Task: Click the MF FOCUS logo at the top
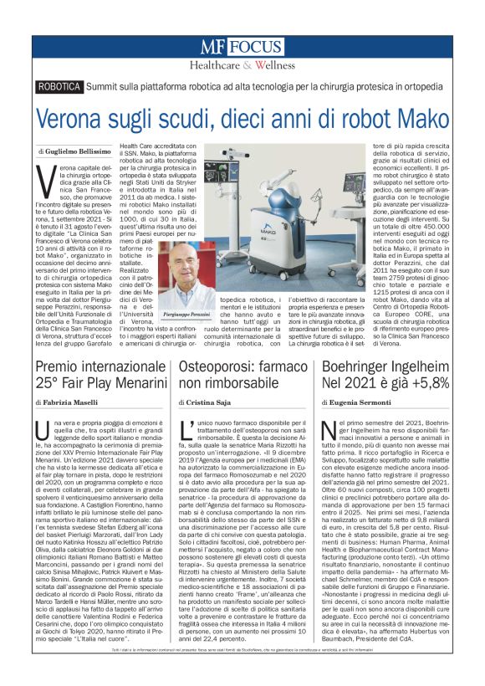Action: click(242, 48)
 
